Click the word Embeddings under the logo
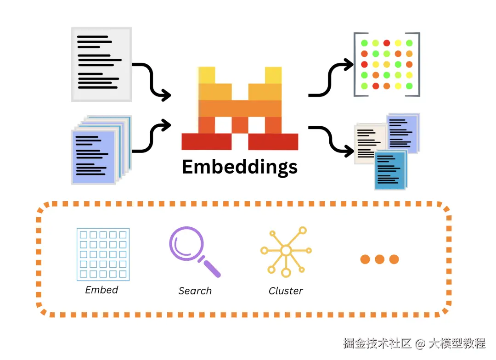coord(240,167)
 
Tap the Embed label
coord(101,290)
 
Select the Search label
coord(195,291)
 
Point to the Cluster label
coord(286,291)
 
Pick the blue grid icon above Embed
coord(103,254)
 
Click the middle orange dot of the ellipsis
coord(380,259)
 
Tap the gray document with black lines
coord(101,65)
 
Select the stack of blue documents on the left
coord(101,150)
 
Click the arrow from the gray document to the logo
coord(152,80)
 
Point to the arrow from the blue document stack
coord(152,136)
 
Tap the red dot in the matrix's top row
coord(387,43)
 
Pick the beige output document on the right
coord(371,144)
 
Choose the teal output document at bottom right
coord(391,170)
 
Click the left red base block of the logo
coord(207,141)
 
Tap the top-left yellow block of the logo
coord(207,75)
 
